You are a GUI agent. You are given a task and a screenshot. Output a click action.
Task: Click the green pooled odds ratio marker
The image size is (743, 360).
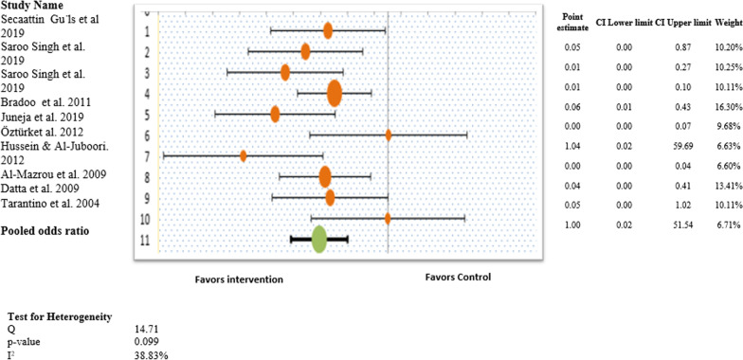click(x=319, y=239)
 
